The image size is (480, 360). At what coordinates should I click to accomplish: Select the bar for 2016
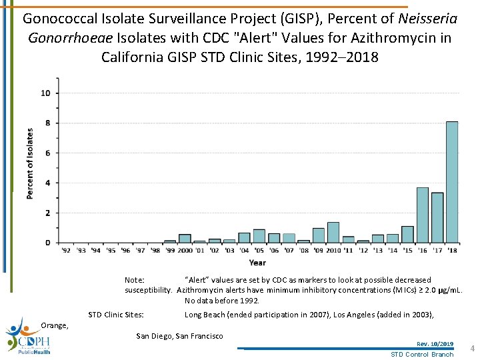tap(422, 215)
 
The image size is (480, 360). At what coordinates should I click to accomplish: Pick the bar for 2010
tap(333, 232)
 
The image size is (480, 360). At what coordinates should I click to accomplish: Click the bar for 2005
tap(259, 236)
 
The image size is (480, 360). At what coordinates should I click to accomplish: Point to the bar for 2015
tap(407, 234)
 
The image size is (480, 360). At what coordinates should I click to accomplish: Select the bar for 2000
tap(185, 238)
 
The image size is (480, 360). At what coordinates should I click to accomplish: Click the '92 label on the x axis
tap(66, 251)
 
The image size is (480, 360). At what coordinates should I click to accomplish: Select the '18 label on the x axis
tap(452, 251)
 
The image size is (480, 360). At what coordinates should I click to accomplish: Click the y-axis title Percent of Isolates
tap(30, 163)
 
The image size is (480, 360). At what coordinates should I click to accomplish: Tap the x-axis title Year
tap(257, 263)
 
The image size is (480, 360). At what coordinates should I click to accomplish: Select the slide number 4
tap(471, 349)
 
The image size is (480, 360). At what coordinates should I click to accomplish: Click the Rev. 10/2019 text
tap(435, 344)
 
